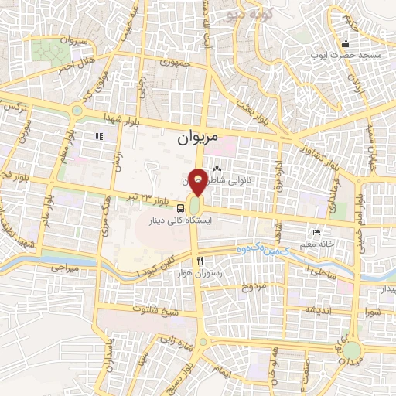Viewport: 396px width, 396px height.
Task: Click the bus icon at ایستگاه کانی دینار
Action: point(181,207)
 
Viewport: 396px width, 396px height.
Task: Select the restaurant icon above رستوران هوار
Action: point(200,261)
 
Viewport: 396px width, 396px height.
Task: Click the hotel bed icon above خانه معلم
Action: point(316,234)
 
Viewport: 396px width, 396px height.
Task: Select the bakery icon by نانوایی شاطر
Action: point(217,168)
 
